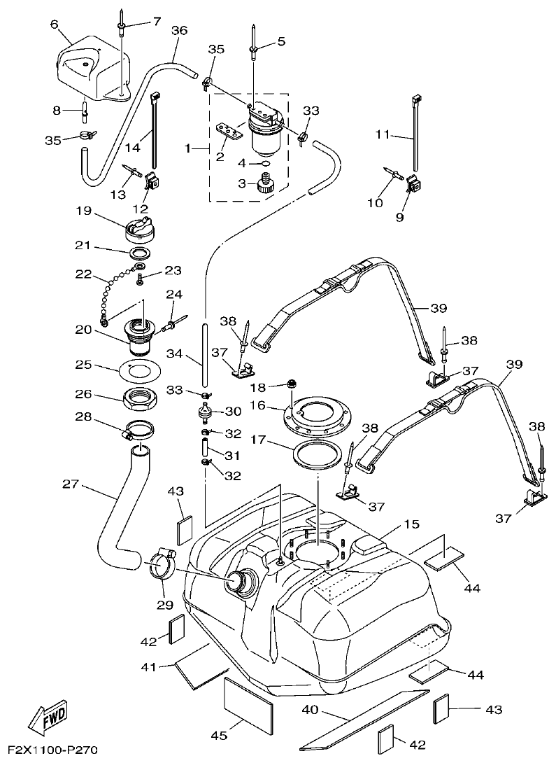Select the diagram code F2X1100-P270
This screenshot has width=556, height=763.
pyautogui.click(x=50, y=751)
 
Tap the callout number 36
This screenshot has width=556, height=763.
pyautogui.click(x=180, y=31)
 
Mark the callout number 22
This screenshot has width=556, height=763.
pyautogui.click(x=84, y=274)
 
